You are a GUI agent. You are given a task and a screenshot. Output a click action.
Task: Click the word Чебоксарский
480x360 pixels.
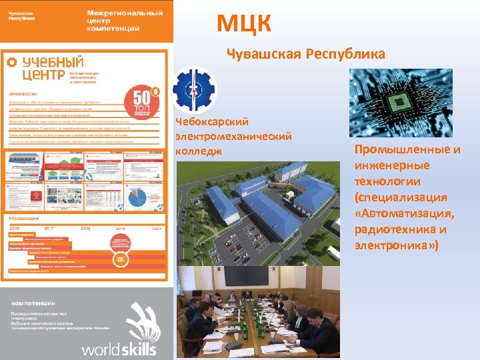coord(211,122)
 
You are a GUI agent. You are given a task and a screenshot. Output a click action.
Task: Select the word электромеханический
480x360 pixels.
coord(233,137)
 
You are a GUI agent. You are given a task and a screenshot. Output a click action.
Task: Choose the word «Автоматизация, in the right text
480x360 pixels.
coord(405,213)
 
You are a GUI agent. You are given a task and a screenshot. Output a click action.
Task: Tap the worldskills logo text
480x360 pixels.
coord(119,349)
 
